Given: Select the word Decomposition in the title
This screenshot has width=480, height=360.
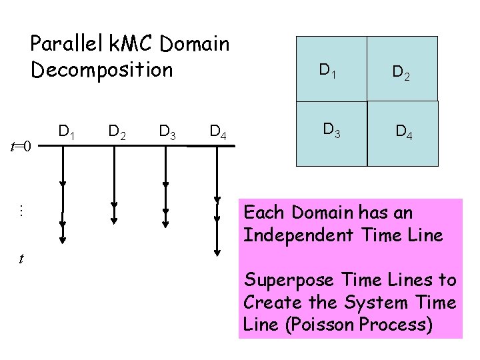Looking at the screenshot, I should (x=101, y=69).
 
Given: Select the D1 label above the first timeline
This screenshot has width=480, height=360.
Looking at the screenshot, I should (x=66, y=131).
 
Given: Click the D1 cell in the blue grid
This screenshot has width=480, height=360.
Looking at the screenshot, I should (x=331, y=69).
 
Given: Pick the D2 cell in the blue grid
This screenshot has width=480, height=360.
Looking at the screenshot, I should (x=403, y=69).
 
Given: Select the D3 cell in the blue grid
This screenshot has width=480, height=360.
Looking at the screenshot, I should (x=331, y=133).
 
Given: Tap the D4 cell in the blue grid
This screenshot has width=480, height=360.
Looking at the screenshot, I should (x=403, y=133).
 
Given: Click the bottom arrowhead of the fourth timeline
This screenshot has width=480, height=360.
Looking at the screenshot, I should (x=217, y=252).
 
